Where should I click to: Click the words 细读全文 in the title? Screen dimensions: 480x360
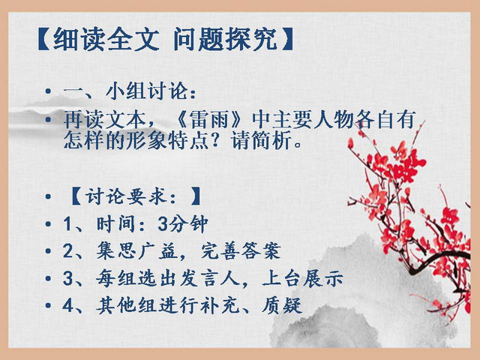(106, 40)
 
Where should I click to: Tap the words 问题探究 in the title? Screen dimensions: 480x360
(226, 40)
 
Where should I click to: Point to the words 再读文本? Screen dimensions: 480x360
(104, 120)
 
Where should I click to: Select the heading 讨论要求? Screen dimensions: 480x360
(126, 196)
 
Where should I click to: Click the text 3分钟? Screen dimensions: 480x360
(183, 223)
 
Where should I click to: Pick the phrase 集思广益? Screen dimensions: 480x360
(136, 251)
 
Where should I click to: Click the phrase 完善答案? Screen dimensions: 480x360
(241, 251)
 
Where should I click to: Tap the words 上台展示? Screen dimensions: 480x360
(302, 278)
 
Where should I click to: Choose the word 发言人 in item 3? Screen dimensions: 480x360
(209, 278)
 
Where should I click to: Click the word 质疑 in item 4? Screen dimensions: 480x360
(282, 305)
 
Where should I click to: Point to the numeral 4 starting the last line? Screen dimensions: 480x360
(67, 305)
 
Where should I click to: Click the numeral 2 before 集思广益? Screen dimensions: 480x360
(67, 251)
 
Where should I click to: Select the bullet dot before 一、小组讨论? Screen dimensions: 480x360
(48, 91)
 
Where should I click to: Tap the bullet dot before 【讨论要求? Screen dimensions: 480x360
(48, 196)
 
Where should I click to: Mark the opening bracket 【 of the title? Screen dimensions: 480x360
(44, 40)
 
